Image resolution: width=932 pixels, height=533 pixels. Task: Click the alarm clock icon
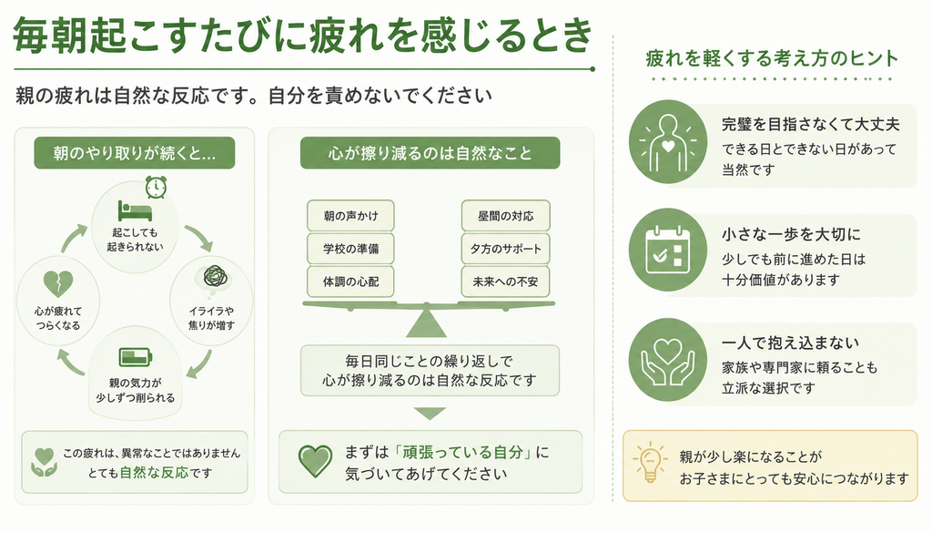[156, 187]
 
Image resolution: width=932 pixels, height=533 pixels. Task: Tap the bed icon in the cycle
[135, 210]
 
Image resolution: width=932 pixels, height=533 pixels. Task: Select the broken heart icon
[58, 283]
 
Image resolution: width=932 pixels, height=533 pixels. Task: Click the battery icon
[136, 357]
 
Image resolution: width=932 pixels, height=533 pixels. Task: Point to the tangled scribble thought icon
[215, 278]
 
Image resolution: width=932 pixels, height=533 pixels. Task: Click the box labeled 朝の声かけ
[350, 216]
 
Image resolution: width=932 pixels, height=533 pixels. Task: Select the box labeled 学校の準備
[350, 249]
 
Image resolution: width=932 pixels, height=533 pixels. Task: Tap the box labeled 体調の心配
[350, 282]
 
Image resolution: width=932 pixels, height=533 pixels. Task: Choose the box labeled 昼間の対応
[505, 216]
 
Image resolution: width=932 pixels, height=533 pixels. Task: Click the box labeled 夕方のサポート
[505, 249]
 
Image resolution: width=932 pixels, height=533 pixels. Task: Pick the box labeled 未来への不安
[505, 282]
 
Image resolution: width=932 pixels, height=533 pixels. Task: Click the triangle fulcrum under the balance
[426, 324]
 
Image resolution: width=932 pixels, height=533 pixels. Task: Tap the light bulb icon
[650, 462]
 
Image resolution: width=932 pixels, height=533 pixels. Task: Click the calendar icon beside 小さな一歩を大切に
[667, 250]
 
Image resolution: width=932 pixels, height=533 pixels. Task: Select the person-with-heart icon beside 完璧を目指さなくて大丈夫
[667, 141]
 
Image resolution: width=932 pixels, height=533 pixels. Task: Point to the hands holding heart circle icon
[667, 360]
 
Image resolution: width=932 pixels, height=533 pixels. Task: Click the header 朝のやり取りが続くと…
[135, 153]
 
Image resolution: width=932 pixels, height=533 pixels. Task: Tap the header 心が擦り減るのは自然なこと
[430, 153]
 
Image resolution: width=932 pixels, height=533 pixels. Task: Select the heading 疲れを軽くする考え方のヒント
[772, 58]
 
